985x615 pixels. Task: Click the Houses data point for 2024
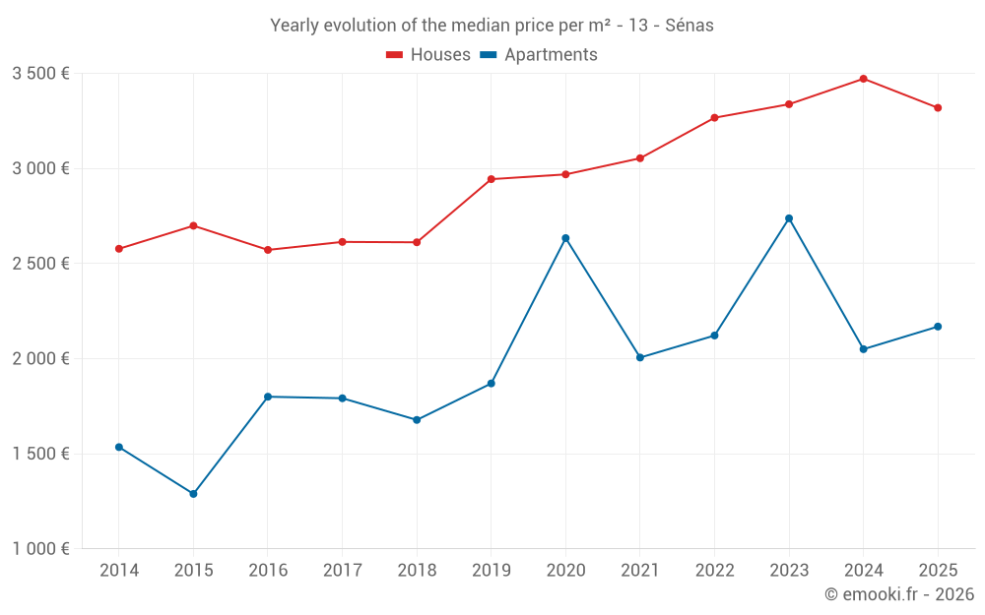click(863, 79)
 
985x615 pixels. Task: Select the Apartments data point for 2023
click(789, 218)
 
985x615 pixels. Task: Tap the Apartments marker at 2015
click(193, 494)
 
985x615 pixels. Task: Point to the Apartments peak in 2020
click(565, 238)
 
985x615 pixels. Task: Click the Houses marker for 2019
click(491, 179)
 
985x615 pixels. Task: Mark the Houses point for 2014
click(119, 249)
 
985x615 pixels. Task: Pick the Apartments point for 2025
click(938, 327)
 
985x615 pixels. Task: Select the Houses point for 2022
click(714, 118)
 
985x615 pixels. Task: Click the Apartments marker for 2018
click(417, 420)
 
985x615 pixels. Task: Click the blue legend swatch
click(488, 55)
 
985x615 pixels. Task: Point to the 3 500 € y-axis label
click(40, 74)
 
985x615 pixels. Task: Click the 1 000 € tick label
click(40, 549)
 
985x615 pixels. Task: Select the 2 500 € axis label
click(40, 264)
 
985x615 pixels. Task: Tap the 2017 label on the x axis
click(342, 571)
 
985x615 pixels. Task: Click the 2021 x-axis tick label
click(639, 571)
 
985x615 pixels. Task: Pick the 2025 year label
click(938, 571)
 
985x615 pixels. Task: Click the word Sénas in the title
click(689, 26)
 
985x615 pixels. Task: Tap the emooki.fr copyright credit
click(899, 594)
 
